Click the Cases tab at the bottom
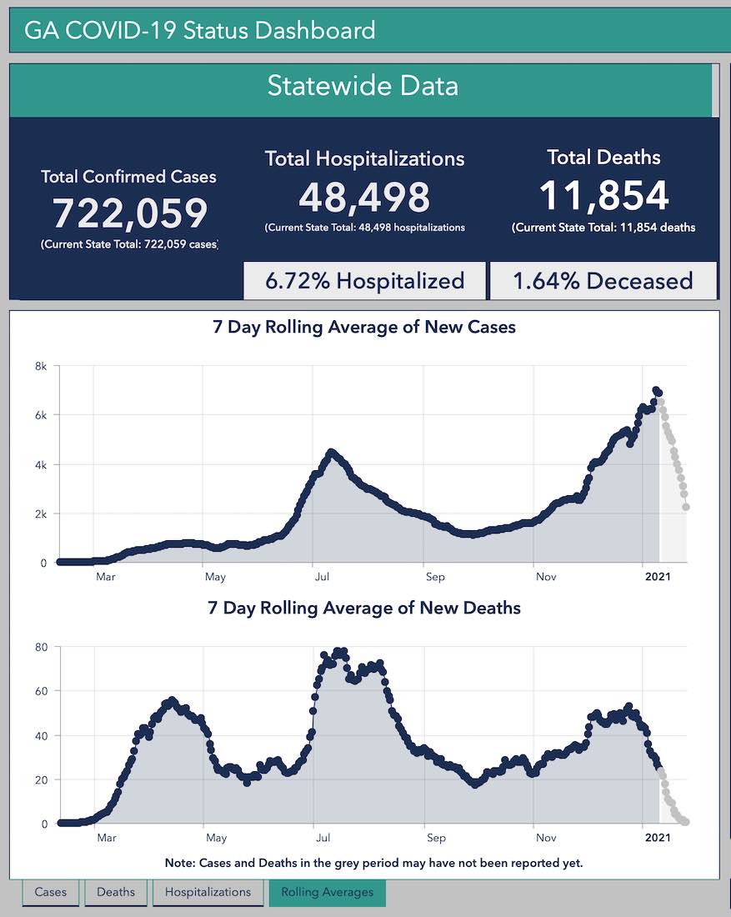point(50,892)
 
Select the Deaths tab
point(116,892)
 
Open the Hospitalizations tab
point(208,892)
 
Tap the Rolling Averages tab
point(327,892)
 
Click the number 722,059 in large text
point(129,213)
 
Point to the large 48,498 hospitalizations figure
point(364,198)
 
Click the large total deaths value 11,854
point(603,195)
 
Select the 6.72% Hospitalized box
point(364,281)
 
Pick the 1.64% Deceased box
point(603,281)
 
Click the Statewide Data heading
point(363,86)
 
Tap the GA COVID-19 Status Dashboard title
point(200,32)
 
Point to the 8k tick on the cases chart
point(39,366)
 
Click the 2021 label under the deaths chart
point(657,837)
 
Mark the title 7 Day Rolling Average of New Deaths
point(364,608)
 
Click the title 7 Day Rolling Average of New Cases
point(364,327)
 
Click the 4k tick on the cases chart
point(39,464)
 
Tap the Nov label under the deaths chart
point(546,837)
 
